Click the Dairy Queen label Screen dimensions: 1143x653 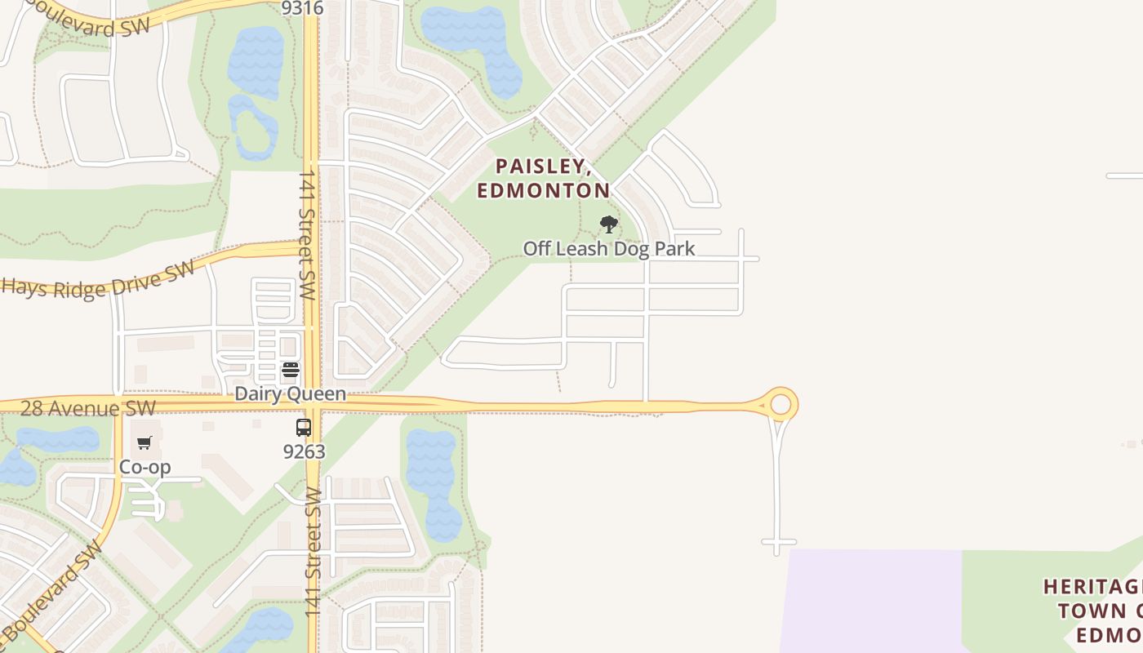290,394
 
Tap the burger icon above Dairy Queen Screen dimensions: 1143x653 290,370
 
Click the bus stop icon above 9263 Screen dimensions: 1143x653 304,427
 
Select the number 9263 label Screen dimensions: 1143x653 304,451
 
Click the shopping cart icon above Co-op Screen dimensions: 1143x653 145,443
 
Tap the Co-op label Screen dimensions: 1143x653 145,467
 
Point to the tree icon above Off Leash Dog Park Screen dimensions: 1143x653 608,224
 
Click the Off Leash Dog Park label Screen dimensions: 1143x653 608,249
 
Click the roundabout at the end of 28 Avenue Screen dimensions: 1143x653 781,404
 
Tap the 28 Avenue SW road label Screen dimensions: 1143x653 87,407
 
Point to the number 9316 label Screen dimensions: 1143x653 302,8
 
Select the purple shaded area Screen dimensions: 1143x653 874,600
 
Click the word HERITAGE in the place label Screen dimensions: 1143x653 1092,587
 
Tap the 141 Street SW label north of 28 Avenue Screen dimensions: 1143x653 306,234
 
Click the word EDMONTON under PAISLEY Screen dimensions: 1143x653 543,191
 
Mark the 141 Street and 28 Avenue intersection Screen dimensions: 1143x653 311,404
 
